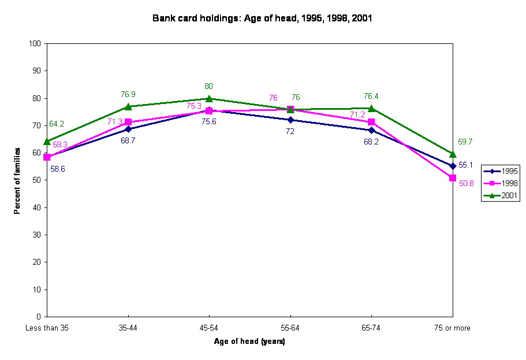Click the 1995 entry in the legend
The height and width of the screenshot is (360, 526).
tap(501, 171)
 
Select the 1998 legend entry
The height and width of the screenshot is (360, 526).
tap(501, 183)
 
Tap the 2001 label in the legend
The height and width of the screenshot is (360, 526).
tap(501, 195)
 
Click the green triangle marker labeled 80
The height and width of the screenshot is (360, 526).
tap(209, 98)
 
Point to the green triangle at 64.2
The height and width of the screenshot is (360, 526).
tap(47, 141)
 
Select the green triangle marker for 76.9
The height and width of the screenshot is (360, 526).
tap(128, 106)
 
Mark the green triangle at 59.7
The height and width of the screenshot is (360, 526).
tap(453, 154)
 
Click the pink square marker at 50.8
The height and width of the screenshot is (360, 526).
tap(453, 178)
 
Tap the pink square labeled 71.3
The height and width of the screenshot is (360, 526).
tap(128, 122)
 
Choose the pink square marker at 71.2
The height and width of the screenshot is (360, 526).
tap(371, 122)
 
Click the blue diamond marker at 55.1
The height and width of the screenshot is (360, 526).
tap(453, 166)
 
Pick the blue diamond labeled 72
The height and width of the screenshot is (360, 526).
tap(290, 120)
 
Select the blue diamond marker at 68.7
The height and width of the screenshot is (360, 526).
tap(128, 129)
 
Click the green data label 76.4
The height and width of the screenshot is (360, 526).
tap(371, 97)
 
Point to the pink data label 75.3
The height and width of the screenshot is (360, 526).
tap(194, 106)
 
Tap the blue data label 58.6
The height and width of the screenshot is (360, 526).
tap(57, 169)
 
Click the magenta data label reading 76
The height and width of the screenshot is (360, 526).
tap(273, 98)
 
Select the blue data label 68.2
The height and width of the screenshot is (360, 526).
tap(371, 142)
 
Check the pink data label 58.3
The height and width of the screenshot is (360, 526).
tap(60, 144)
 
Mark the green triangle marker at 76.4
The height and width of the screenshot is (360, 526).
tap(371, 108)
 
